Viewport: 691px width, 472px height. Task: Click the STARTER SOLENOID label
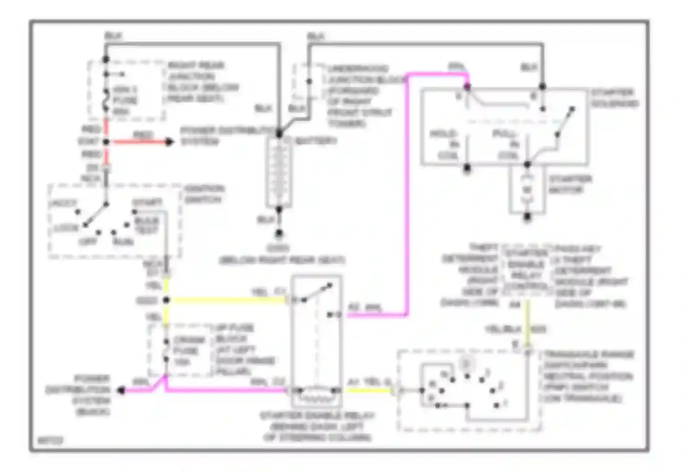(615, 98)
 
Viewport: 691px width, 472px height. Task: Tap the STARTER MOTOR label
(570, 184)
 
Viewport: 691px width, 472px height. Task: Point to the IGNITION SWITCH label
(204, 194)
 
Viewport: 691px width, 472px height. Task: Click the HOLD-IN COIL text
(446, 145)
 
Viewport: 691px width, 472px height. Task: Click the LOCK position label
(66, 228)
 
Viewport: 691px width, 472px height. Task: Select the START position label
(147, 203)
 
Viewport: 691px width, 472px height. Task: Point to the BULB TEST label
(147, 225)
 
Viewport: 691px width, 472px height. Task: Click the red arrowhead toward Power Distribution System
(170, 142)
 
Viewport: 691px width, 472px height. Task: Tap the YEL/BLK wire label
(503, 330)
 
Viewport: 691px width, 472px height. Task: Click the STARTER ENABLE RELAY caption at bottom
(317, 426)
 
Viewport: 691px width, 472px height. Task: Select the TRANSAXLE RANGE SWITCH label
(588, 376)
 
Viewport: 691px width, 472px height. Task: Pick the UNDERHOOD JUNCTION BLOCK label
(360, 96)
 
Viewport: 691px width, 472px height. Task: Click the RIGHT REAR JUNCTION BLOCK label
(203, 82)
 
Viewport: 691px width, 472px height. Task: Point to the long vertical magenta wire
(407, 194)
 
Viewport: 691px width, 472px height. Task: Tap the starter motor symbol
(527, 189)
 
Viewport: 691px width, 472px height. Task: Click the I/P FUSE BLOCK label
(244, 349)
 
